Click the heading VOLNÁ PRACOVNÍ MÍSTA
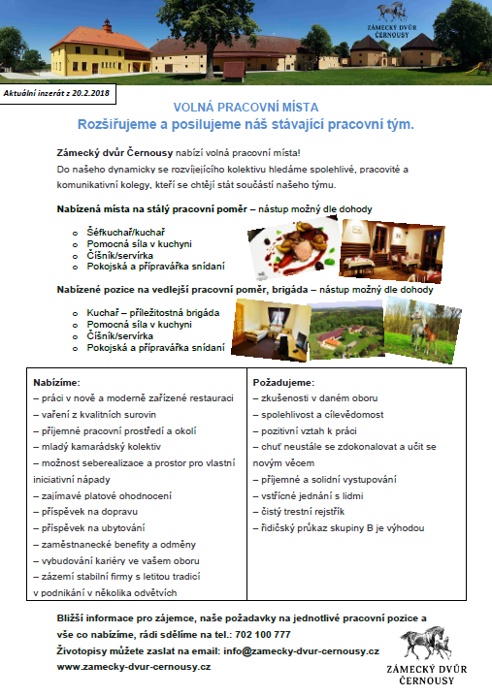(246, 108)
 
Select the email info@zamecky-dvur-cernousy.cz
(301, 651)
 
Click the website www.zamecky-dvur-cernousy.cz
(134, 668)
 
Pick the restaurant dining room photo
(377, 247)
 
